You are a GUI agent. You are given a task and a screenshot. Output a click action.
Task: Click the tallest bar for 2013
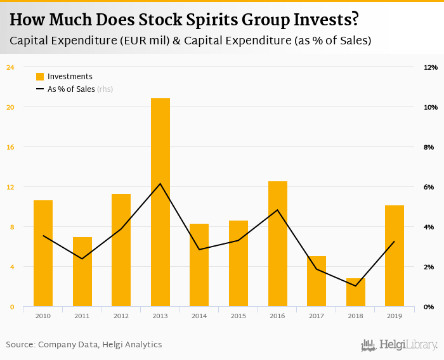coord(160,203)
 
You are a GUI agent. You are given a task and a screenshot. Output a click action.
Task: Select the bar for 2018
coord(356,292)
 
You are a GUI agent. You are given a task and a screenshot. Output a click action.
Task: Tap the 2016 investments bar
coord(278,244)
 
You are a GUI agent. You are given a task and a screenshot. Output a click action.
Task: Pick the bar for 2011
coord(82,272)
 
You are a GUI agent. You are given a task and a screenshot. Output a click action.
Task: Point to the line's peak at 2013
coord(160,184)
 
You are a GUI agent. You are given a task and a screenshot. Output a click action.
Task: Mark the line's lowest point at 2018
coord(356,286)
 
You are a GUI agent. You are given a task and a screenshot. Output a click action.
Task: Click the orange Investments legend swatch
coord(40,77)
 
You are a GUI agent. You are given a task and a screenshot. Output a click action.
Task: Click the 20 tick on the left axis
coord(10,107)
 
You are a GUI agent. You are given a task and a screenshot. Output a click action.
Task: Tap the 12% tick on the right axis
coord(431,67)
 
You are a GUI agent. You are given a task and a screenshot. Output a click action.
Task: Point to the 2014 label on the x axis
coord(199,316)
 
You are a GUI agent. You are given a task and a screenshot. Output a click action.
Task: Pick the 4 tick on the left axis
coord(11,267)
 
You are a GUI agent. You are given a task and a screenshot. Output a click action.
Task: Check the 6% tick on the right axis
coord(429,187)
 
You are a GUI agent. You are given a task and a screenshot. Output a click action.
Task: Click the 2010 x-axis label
coord(43,316)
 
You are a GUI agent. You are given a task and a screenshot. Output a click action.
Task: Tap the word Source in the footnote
coord(20,345)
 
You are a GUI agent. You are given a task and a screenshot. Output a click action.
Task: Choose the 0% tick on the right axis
coord(429,307)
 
